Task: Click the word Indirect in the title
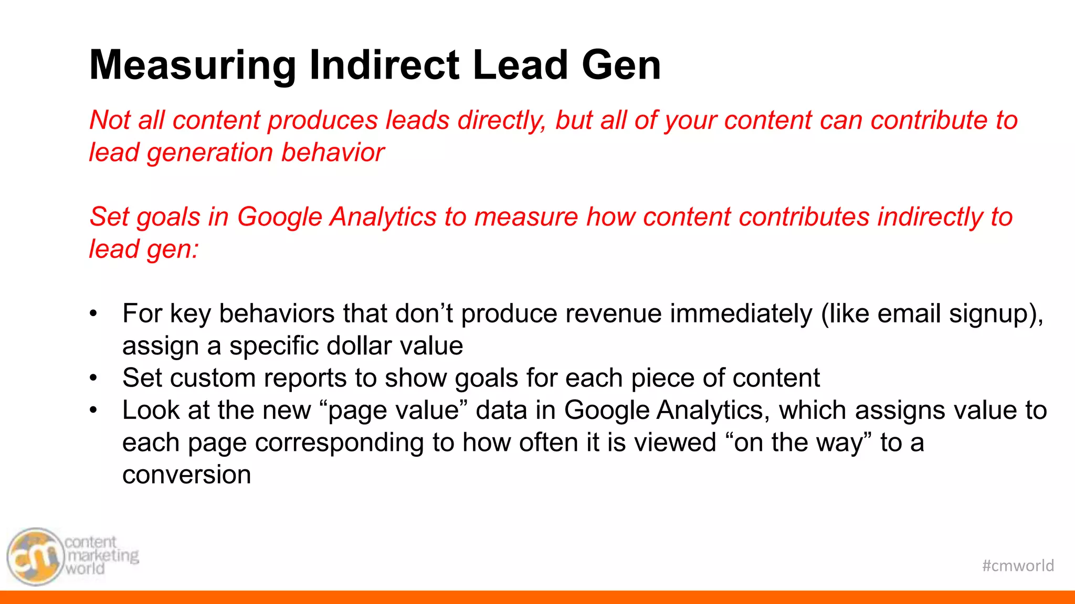(385, 66)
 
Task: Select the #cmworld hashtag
(1018, 566)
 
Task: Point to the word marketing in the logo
(103, 555)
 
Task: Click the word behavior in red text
(332, 153)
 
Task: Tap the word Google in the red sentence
(279, 217)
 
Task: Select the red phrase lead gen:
(144, 250)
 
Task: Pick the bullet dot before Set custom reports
(93, 379)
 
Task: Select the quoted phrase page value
(393, 411)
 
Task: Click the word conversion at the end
(186, 475)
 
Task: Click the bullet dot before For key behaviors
(93, 314)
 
